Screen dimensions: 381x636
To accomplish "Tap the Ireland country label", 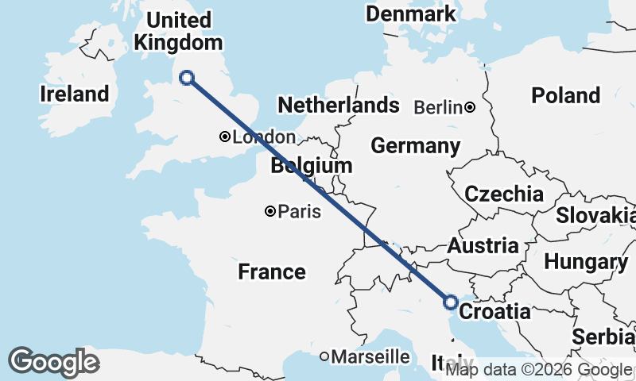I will [x=74, y=94].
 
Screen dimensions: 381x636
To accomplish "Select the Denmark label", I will [x=410, y=13].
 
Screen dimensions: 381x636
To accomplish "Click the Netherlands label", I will [x=338, y=105].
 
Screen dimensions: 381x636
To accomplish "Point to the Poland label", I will [x=565, y=95].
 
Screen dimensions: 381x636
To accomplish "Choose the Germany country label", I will [x=415, y=146].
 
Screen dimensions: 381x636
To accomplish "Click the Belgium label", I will [x=311, y=166].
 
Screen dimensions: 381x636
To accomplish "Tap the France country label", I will [x=272, y=272].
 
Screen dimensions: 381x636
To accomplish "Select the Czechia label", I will [x=504, y=194].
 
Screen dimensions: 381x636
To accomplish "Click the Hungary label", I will [x=587, y=263].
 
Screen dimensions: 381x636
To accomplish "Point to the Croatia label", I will [x=495, y=311].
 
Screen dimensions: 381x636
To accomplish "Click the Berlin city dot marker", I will [x=471, y=107].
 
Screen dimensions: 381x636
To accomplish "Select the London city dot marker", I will [x=225, y=137].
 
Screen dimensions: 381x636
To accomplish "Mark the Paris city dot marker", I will [x=270, y=211].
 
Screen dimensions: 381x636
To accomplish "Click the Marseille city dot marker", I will [x=324, y=357].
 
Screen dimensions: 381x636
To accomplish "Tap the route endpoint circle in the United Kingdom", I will [x=187, y=77].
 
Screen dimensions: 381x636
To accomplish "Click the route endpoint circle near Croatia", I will [x=450, y=302].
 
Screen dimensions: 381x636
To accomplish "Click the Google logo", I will [x=53, y=362].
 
